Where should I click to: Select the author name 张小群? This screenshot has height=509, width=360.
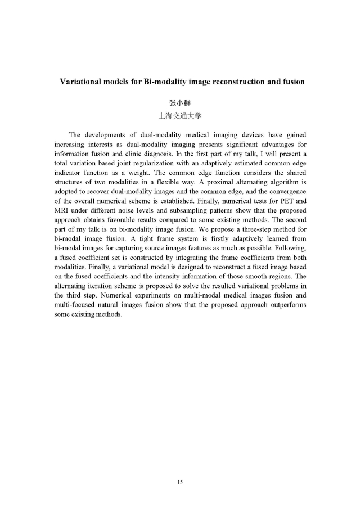click(180, 103)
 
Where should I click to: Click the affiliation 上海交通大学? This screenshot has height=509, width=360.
click(180, 117)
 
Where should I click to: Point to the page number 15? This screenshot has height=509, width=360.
click(180, 482)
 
